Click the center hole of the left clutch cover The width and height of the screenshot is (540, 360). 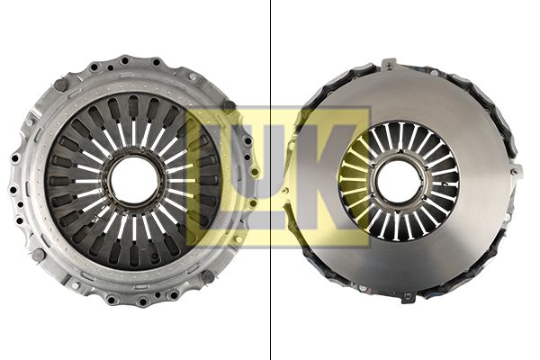tap(134, 180)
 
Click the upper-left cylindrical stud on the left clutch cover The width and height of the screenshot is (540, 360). tap(60, 85)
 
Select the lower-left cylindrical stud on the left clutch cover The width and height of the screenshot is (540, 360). tap(38, 255)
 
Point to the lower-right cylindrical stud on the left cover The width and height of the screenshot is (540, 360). tap(208, 276)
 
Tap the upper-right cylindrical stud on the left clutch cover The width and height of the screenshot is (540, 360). tap(229, 105)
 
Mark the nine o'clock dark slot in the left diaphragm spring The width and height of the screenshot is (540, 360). tap(58, 181)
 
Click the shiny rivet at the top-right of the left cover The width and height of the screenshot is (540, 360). tap(193, 76)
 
